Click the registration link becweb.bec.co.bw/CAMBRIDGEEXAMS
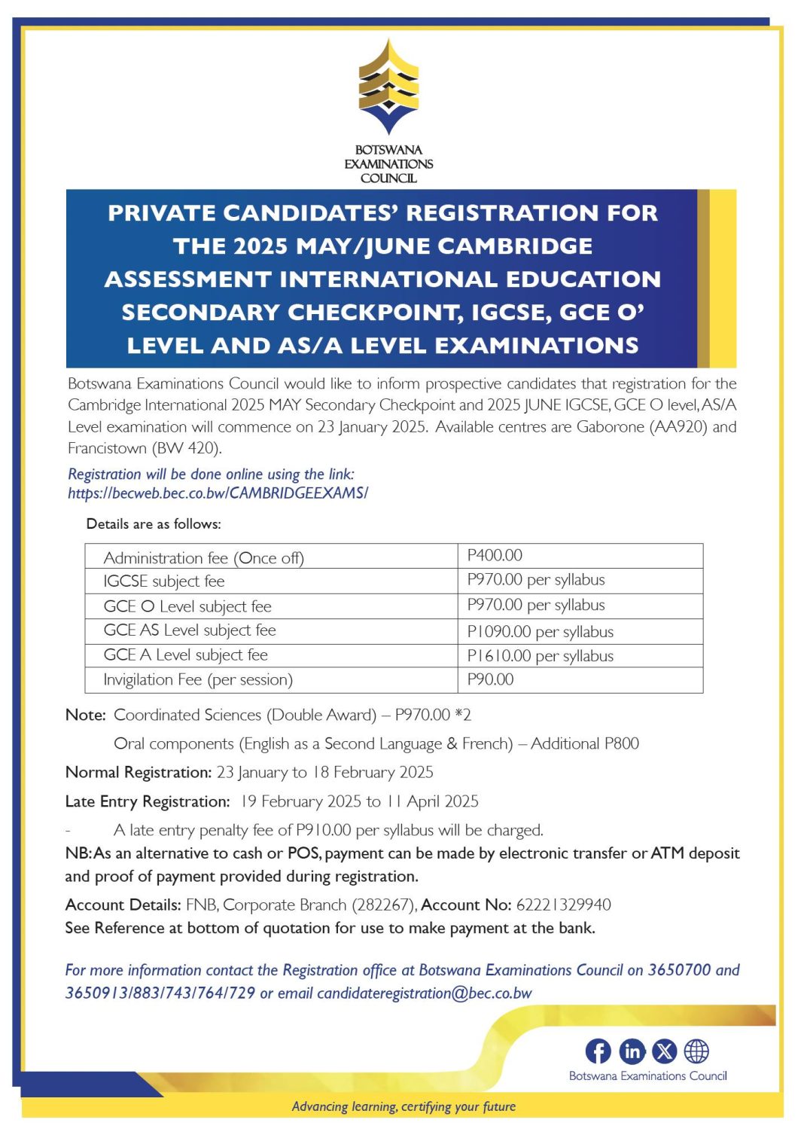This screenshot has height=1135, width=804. tap(218, 493)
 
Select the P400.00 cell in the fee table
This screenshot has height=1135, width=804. tap(495, 556)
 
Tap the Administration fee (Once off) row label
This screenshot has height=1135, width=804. tap(203, 558)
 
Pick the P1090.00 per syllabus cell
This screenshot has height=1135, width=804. tap(540, 632)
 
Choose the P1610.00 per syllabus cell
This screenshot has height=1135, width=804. tap(540, 656)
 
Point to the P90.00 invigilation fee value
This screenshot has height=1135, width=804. tap(490, 679)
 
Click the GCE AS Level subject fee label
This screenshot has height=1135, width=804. tap(190, 630)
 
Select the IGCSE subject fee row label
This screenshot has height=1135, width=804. tap(164, 581)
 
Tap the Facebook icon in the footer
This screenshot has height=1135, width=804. tap(598, 1051)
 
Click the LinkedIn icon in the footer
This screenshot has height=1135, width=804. tap(632, 1051)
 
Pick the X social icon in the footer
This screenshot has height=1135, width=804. tap(664, 1051)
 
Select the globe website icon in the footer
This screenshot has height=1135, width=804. tap(696, 1051)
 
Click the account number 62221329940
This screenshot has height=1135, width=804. tap(563, 905)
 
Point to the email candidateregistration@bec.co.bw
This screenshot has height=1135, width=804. tap(424, 993)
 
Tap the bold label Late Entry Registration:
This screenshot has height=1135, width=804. tap(148, 801)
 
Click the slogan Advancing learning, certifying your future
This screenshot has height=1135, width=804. tap(404, 1106)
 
